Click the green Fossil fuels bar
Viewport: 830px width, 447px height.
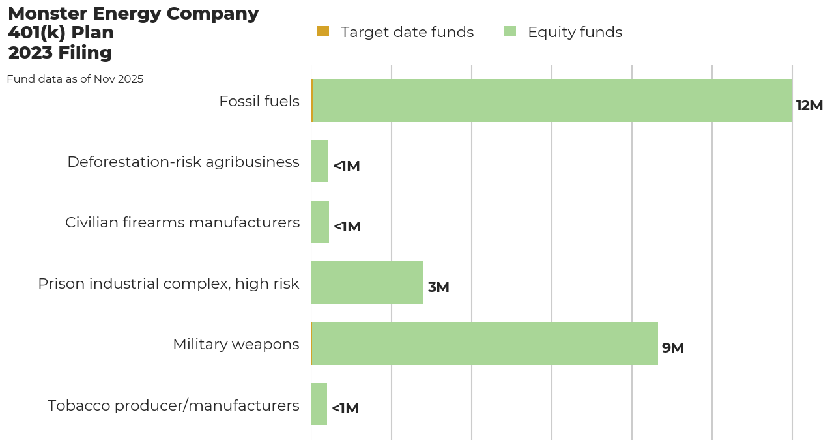[x=552, y=101]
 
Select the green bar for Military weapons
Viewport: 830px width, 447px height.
[x=485, y=343]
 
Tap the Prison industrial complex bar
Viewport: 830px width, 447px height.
[x=367, y=283]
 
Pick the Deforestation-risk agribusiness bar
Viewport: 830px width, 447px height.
[x=319, y=162]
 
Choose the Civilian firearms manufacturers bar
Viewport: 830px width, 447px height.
[x=320, y=222]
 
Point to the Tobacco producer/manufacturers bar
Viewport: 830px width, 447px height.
[x=319, y=405]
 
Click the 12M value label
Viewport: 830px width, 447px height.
[x=809, y=106]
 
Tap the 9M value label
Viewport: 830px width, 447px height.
[x=672, y=348]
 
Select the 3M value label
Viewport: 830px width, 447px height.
[x=438, y=287]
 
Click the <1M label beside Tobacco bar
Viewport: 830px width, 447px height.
[x=345, y=409]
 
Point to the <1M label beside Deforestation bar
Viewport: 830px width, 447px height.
[x=346, y=166]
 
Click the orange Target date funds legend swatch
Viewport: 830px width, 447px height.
[x=323, y=31]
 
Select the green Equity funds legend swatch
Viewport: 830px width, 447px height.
[x=510, y=31]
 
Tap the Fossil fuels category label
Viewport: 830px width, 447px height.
[x=259, y=101]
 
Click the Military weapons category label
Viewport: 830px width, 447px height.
[x=236, y=344]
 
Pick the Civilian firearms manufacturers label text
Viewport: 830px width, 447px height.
[x=182, y=222]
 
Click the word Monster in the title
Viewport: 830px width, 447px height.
[x=47, y=14]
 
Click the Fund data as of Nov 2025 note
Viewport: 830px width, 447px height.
[x=75, y=79]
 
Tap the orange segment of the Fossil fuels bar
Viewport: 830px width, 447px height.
[x=312, y=101]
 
